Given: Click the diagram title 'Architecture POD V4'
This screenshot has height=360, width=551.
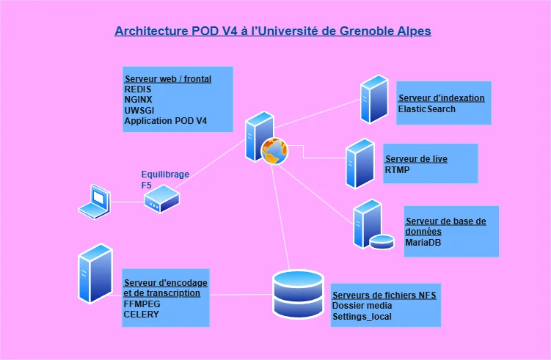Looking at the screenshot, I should pos(273,32).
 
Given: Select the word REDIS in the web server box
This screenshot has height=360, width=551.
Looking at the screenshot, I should pos(138,89).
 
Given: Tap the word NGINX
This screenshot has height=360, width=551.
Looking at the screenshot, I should pos(139,100).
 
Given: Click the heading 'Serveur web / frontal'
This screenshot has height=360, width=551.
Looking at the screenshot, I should pos(168,78).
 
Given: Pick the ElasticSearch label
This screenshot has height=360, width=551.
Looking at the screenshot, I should pos(426,109).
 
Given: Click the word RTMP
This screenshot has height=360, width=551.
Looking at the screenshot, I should pos(397,170).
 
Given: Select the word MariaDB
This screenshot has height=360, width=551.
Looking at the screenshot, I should pos(423,242).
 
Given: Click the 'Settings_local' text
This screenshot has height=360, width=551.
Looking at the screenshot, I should pos(362,317).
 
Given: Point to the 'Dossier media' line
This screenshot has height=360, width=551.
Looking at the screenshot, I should pos(362,306).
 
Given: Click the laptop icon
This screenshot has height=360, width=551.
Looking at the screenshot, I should pos(95,202).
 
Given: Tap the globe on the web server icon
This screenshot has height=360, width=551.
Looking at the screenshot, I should pos(274,150).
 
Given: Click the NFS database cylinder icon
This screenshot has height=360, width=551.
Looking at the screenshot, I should pos(297,294).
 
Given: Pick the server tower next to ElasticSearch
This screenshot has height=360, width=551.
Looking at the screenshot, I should pos(373,99).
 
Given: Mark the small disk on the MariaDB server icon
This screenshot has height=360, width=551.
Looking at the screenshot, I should pos(382,241).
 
